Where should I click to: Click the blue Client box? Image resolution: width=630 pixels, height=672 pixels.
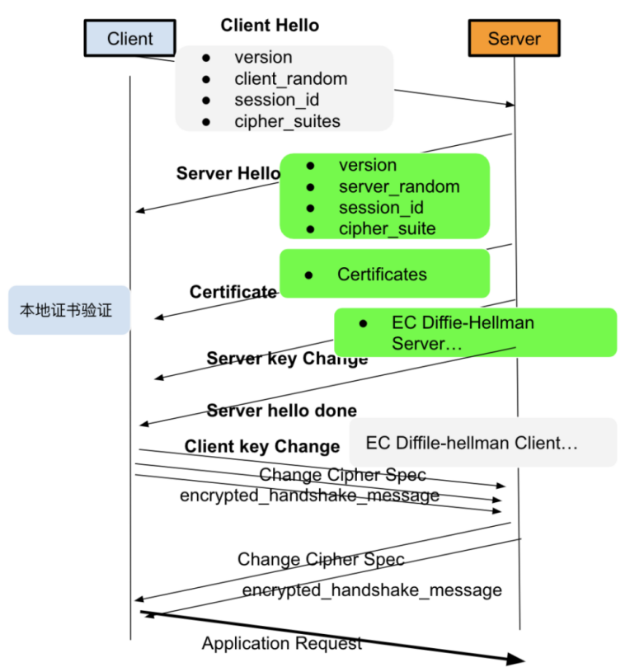click(129, 38)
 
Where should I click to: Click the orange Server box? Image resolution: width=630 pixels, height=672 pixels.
click(515, 38)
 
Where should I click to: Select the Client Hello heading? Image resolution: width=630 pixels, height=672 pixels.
click(270, 26)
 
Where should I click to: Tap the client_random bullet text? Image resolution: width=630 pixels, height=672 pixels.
click(290, 79)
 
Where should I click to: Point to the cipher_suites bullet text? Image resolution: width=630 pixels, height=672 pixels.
click(287, 121)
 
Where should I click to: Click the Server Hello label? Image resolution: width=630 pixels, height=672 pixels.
click(228, 173)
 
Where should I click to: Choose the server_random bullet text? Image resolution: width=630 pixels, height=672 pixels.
click(399, 186)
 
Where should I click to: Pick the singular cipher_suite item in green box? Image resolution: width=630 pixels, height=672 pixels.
click(387, 228)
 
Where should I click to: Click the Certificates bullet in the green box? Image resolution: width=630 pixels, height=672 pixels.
click(382, 275)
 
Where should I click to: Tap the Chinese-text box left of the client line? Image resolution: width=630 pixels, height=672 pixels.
click(69, 310)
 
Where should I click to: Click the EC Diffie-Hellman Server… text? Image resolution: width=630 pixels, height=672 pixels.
click(463, 333)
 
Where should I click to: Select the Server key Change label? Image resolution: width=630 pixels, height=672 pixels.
click(287, 359)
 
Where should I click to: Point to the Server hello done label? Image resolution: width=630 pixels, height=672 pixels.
click(281, 411)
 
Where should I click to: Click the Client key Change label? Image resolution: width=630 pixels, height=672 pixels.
click(262, 446)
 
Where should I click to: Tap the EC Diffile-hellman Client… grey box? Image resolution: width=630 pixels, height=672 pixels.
click(483, 442)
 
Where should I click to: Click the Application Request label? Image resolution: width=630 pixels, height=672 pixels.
click(282, 643)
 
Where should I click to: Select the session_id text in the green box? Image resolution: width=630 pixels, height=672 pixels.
click(381, 208)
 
